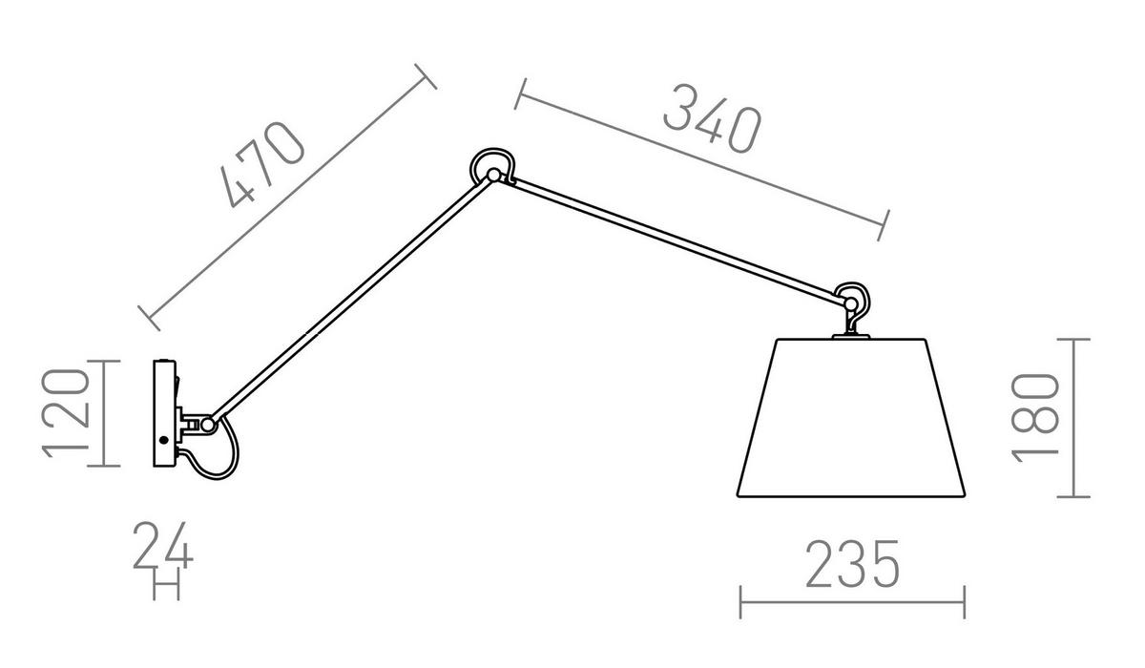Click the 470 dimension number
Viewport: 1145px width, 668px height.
(x=262, y=164)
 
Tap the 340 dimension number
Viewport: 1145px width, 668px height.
(x=712, y=118)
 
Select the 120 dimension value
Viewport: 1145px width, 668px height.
(x=66, y=413)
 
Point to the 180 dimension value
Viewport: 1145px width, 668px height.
(x=1034, y=418)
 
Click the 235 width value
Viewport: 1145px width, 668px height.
(x=852, y=563)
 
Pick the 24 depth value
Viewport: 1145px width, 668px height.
(x=162, y=545)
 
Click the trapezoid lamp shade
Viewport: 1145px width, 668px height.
(x=850, y=418)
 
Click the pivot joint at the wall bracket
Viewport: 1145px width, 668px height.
(x=208, y=425)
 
